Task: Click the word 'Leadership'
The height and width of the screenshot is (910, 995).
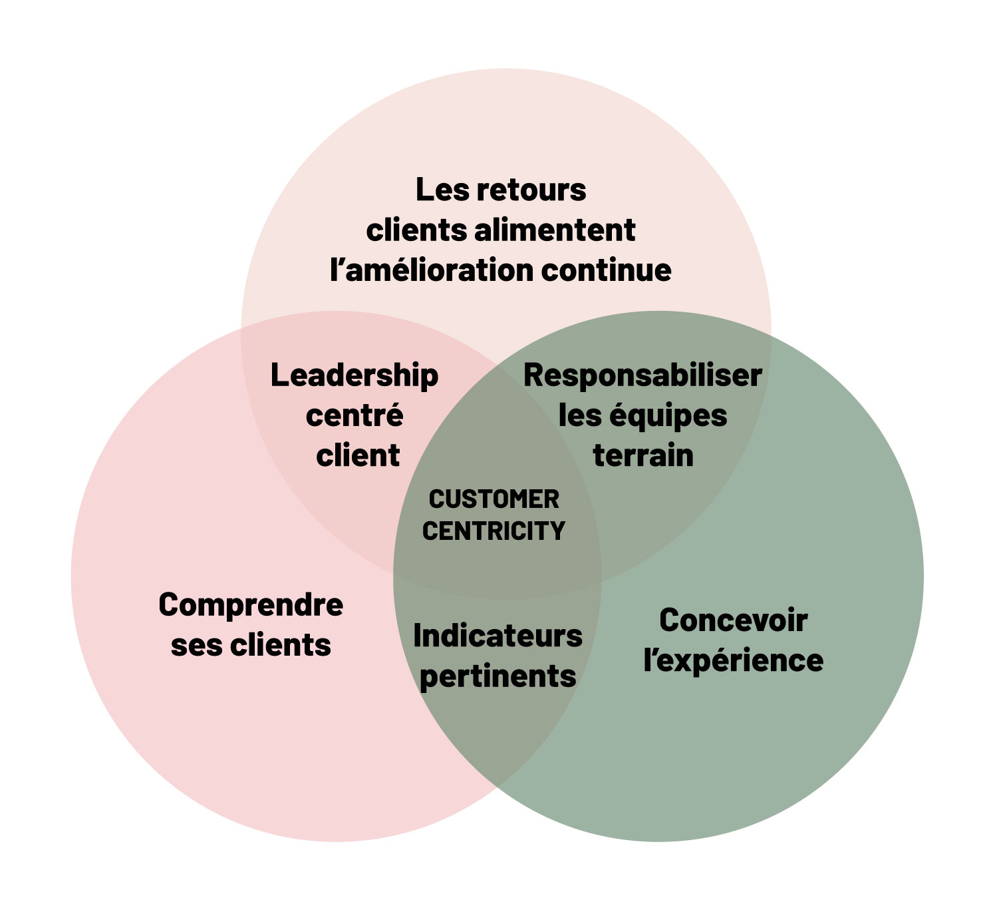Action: pyautogui.click(x=355, y=377)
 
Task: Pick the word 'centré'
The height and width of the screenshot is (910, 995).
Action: pyautogui.click(x=355, y=416)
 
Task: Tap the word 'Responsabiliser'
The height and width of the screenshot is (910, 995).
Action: pyautogui.click(x=642, y=376)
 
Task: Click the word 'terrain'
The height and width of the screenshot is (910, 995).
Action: pyautogui.click(x=643, y=456)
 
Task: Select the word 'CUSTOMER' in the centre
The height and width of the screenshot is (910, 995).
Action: pyautogui.click(x=494, y=499)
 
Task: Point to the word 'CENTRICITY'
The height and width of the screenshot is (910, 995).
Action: pyautogui.click(x=494, y=531)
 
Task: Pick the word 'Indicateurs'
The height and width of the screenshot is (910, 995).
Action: pyautogui.click(x=498, y=636)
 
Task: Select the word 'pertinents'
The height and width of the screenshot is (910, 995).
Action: pyautogui.click(x=498, y=677)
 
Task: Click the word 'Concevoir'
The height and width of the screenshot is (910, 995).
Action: pyautogui.click(x=733, y=620)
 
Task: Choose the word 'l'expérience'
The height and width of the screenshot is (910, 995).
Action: pyautogui.click(x=733, y=660)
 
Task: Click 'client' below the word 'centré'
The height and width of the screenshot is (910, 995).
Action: pyautogui.click(x=358, y=456)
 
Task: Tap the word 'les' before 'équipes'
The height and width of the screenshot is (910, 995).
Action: pyautogui.click(x=580, y=417)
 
